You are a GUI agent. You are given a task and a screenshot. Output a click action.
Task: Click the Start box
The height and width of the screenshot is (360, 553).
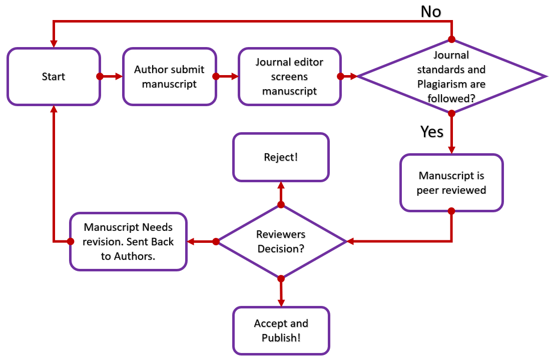coord(54,77)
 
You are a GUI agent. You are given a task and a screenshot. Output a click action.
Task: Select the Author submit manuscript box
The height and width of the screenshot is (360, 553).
coord(169,77)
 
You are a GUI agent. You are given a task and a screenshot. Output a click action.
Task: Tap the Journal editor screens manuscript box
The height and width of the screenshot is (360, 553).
coord(289,77)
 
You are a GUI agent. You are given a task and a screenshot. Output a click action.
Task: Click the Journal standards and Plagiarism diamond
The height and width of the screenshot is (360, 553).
coord(451,77)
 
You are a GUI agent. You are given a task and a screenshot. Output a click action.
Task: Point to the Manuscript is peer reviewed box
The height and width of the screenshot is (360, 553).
coord(451,183)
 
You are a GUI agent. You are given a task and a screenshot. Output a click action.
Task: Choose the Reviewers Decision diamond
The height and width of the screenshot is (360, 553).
coord(281,241)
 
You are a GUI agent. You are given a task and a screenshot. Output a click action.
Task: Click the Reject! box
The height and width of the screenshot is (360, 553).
coord(281,157)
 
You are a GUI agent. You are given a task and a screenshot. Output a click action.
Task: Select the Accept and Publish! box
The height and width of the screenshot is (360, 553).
coord(281,330)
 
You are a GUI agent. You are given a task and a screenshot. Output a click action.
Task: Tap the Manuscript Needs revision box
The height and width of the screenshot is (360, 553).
coord(129,241)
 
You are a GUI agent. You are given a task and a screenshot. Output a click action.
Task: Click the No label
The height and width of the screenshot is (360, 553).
coord(431,11)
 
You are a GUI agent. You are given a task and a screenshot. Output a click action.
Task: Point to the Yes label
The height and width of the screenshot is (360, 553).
coord(432,131)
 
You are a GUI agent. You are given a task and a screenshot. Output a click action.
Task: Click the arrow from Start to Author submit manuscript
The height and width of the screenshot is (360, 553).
coord(111,77)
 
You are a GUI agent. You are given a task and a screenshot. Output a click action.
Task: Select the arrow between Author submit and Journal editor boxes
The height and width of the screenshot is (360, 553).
coord(227,77)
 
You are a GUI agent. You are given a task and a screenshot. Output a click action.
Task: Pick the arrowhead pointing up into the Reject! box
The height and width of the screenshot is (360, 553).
coord(281,185)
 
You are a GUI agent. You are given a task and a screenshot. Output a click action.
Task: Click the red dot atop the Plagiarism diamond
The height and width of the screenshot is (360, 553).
coord(451,39)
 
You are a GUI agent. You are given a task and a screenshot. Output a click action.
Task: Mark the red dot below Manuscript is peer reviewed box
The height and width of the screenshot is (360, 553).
coord(451,211)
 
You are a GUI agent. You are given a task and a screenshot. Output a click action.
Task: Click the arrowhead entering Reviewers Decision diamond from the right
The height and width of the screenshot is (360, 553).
coord(350,241)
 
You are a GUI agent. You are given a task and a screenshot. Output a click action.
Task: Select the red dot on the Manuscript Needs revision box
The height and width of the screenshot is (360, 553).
coord(71,241)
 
